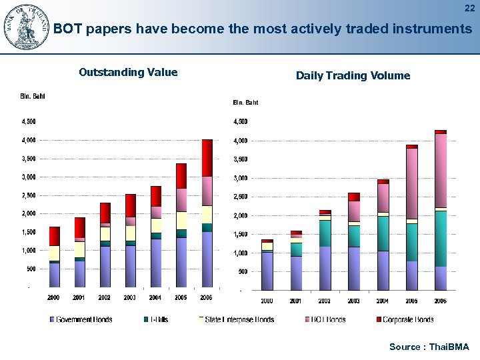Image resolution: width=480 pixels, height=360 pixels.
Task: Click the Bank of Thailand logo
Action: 27,27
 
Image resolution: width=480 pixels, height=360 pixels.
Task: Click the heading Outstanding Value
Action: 128,73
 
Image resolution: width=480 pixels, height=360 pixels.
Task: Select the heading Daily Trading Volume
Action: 353,76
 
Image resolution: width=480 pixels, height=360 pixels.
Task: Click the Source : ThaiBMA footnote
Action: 429,347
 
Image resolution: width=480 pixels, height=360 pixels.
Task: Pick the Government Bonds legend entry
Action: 84,319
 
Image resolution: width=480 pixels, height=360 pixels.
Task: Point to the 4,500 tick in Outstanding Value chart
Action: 29,122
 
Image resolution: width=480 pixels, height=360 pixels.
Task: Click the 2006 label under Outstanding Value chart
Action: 206,297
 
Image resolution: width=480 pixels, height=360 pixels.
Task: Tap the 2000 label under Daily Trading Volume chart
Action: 267,301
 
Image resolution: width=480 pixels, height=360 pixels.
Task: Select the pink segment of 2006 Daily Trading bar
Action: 440,170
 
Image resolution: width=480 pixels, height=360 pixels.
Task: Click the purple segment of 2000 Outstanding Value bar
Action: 54,275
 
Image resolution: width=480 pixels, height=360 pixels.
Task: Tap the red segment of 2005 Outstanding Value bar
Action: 181,176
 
